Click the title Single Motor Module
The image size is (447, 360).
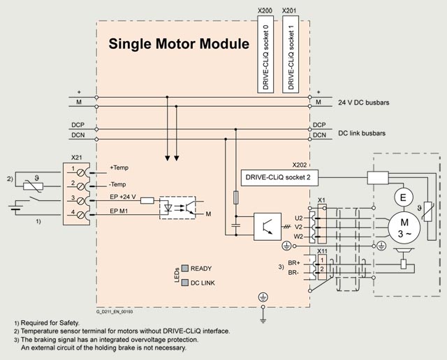point(179,45)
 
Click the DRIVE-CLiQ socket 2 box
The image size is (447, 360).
point(278,177)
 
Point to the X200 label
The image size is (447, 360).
point(265,11)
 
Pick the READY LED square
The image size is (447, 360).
point(185,268)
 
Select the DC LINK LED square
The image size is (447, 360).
point(185,283)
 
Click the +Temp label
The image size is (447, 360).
point(119,167)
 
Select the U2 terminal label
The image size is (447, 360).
point(300,217)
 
